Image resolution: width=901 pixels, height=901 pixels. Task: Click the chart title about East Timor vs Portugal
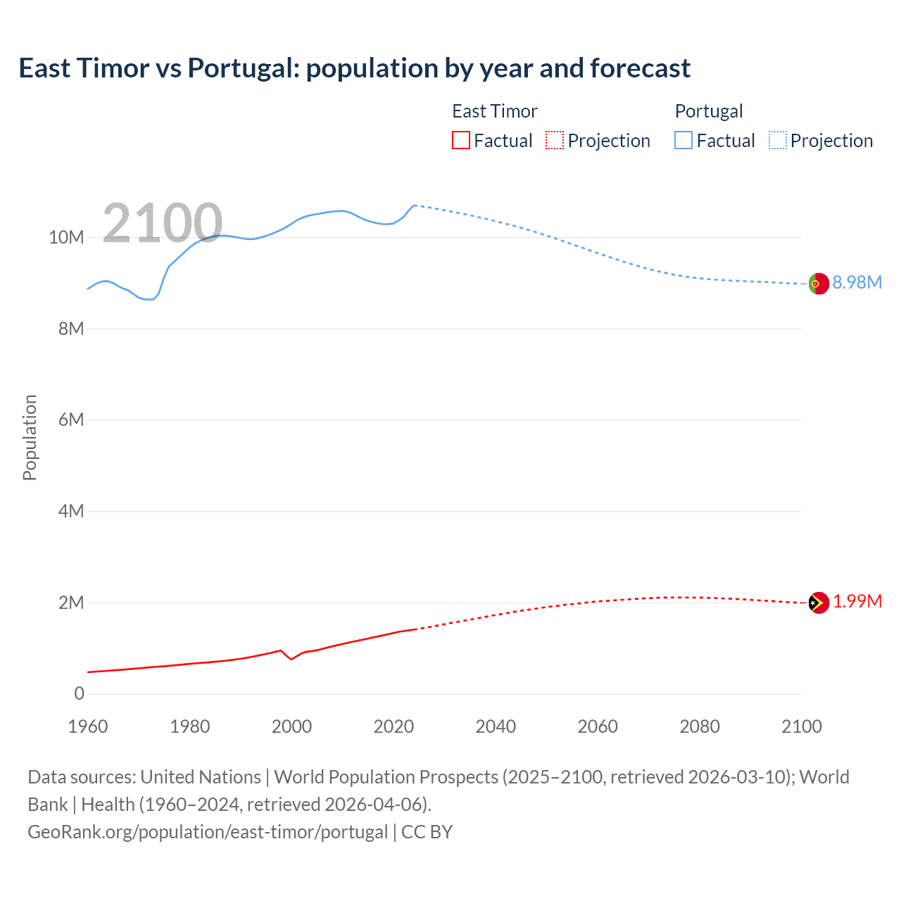[354, 68]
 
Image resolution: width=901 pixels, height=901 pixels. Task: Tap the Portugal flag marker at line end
[818, 284]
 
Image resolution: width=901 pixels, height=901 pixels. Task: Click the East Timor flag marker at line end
[818, 603]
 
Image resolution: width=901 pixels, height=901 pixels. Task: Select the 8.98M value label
[857, 283]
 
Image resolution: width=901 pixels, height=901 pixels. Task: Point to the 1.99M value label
[857, 602]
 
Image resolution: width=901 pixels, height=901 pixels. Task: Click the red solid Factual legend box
[461, 140]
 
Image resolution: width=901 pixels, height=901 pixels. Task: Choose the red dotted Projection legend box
[555, 140]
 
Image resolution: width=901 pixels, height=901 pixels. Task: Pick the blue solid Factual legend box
[683, 140]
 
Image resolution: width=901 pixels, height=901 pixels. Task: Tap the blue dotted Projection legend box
[778, 140]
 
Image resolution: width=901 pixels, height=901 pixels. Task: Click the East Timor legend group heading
[494, 111]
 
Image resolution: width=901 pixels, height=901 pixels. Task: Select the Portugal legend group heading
[709, 111]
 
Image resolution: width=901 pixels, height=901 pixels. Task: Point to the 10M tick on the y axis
[66, 238]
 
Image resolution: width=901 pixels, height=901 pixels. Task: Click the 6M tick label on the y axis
[71, 420]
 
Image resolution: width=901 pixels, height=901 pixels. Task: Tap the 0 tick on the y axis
[79, 694]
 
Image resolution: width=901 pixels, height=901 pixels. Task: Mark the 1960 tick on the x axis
[88, 726]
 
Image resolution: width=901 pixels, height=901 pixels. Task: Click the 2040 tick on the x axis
[496, 726]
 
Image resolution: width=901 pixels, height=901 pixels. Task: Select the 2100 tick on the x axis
[801, 726]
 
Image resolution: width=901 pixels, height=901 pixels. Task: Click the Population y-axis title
[30, 437]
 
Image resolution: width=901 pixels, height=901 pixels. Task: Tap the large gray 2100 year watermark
[163, 223]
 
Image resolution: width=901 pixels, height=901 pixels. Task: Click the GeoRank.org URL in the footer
[208, 832]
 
